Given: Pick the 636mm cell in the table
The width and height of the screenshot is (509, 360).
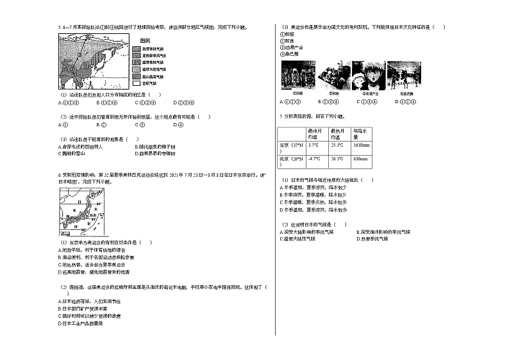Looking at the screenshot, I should click(360, 158).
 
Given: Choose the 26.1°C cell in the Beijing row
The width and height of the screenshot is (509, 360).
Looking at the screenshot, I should click(337, 158).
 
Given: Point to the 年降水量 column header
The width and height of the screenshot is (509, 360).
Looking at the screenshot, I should click(360, 133).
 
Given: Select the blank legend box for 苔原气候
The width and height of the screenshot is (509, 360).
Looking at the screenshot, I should click(137, 83).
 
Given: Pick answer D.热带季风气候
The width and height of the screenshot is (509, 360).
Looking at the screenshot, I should click(372, 238).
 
